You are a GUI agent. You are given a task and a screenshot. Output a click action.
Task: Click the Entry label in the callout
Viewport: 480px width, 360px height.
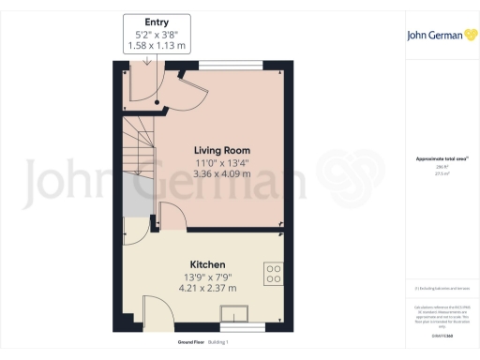coord(157,22)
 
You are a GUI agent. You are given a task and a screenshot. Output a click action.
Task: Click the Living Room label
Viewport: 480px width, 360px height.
coord(222,150)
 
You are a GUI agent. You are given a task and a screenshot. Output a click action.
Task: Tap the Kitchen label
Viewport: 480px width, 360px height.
coord(206,264)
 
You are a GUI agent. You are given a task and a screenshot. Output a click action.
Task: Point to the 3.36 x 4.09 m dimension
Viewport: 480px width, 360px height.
coord(222,173)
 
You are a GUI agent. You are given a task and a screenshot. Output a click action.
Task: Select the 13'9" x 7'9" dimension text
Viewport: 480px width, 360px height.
coord(206,277)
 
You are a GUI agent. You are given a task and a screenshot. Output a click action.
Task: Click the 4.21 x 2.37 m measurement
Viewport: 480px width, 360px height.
coord(206,288)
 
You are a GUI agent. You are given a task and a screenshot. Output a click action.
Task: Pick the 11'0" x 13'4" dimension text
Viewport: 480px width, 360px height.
coord(222,162)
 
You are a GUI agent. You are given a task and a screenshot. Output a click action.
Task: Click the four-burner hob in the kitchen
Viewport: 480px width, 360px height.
coord(275,274)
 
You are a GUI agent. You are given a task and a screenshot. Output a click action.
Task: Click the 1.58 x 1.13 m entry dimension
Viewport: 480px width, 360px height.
coord(157,46)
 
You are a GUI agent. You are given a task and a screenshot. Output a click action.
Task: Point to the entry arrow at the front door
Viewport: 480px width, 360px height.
coord(147,61)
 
